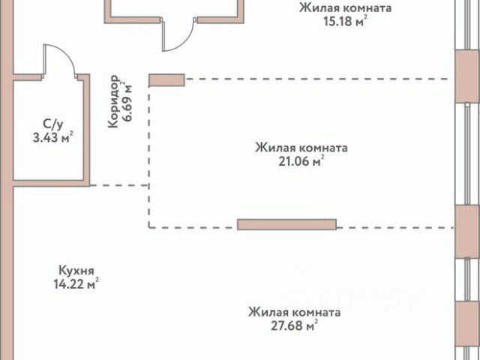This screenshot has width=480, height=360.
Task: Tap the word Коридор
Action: (113, 102)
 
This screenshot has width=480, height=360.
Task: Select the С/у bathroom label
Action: (52, 123)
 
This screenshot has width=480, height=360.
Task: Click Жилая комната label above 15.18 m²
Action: (345, 8)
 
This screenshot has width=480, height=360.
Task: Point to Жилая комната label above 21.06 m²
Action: (300, 147)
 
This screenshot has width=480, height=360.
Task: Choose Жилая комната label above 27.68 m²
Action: (295, 311)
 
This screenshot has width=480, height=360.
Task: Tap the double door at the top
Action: (180, 34)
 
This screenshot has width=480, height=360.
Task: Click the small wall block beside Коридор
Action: (166, 79)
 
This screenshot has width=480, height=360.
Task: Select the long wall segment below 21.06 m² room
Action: (286, 224)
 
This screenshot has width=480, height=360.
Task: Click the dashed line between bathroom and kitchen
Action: (120, 185)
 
